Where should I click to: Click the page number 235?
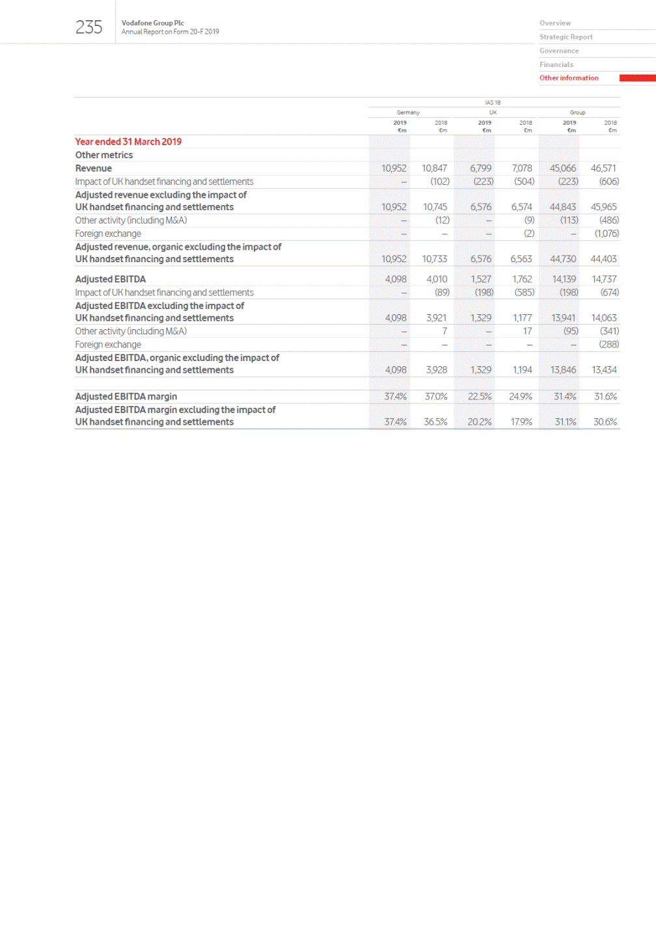[x=89, y=27]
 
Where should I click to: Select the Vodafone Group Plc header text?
[x=152, y=23]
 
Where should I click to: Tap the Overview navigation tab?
[x=554, y=23]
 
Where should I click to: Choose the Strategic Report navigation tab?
[x=566, y=37]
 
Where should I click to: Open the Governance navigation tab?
[x=558, y=51]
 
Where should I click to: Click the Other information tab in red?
[x=569, y=78]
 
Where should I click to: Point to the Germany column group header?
[x=408, y=113]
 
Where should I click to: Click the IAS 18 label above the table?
[x=493, y=103]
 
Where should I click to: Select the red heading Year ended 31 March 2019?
[x=128, y=142]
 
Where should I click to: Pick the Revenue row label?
[x=93, y=168]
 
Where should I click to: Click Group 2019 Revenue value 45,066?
[x=562, y=168]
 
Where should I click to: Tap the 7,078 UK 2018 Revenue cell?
[x=521, y=168]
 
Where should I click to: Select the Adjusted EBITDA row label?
[x=110, y=279]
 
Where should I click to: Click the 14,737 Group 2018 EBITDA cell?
[x=603, y=279]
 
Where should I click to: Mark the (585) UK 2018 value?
[x=524, y=293]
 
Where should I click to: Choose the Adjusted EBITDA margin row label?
[x=126, y=396]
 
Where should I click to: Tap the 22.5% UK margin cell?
[x=480, y=396]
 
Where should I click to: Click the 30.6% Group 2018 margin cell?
[x=605, y=422]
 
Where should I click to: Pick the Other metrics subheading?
[x=103, y=155]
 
